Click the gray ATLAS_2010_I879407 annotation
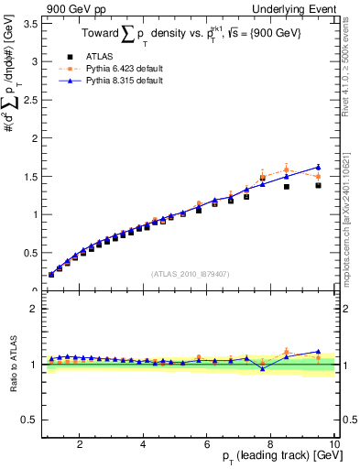coord(190,273)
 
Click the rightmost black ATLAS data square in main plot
coord(318,185)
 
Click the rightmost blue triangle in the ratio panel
coord(318,352)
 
